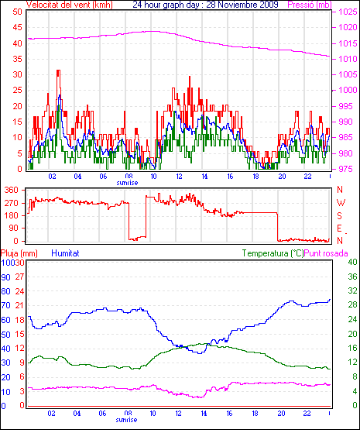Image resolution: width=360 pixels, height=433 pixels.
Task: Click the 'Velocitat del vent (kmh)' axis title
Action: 70,5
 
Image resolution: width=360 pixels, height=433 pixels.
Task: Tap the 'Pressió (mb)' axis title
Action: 310,5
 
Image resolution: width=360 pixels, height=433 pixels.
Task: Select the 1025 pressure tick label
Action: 348,12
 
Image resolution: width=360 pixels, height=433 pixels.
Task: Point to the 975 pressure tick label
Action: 348,169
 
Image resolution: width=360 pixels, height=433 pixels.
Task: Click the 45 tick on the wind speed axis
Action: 17,27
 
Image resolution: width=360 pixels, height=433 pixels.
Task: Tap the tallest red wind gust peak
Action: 58,71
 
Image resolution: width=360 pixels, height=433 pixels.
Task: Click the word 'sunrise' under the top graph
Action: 127,183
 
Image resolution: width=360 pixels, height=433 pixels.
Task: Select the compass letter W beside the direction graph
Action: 341,203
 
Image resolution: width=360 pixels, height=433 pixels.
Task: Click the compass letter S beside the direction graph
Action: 339,215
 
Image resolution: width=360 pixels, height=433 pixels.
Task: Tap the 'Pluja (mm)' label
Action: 19,253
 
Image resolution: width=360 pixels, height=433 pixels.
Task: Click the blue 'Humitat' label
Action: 66,253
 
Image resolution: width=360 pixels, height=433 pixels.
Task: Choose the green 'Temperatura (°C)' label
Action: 273,253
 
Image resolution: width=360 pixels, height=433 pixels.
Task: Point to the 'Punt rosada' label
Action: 326,253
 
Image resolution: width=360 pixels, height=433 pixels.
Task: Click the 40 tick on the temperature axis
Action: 352,262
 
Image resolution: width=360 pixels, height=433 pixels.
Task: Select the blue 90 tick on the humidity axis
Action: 5,277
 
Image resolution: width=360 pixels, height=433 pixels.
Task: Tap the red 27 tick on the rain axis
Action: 19,277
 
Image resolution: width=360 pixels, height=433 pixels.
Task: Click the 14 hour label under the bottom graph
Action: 204,414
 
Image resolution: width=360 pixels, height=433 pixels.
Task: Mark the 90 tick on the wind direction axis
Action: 13,228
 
